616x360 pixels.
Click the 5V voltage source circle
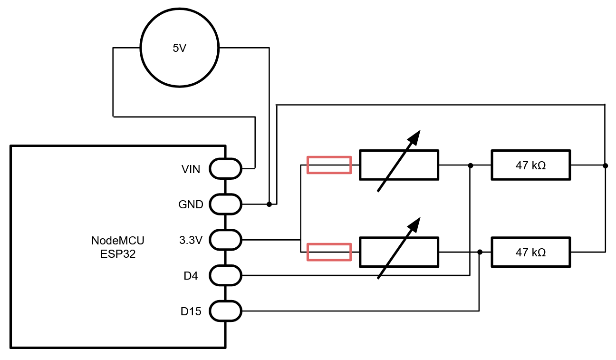[180, 48]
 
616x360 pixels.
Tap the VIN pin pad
[225, 168]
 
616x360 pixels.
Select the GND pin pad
[225, 204]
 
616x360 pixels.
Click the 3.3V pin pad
[225, 240]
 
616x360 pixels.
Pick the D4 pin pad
[225, 275]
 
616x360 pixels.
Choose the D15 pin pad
[225, 311]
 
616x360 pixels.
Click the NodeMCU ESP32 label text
[118, 247]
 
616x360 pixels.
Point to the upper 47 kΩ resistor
[530, 165]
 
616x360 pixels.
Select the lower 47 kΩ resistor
[530, 252]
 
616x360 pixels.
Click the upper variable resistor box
[398, 165]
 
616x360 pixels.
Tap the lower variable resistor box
[398, 252]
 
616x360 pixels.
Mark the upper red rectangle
[329, 165]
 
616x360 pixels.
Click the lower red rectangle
[329, 252]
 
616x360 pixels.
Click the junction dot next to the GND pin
[269, 204]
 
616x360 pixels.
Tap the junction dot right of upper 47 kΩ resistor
[605, 165]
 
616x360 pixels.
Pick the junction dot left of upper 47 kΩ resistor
[470, 165]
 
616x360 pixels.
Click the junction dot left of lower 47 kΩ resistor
[480, 252]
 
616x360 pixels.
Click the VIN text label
[191, 169]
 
